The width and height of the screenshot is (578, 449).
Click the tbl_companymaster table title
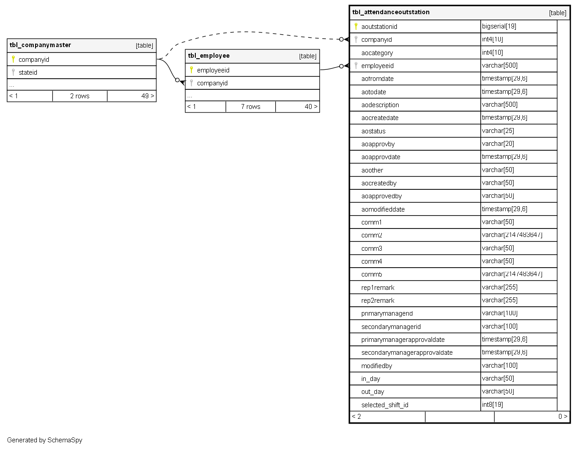[x=40, y=45]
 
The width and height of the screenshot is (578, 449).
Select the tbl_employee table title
[x=209, y=56]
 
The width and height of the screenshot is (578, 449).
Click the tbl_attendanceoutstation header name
[x=391, y=12]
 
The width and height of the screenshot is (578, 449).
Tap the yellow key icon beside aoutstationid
[x=356, y=26]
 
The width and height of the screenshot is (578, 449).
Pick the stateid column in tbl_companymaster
[x=28, y=72]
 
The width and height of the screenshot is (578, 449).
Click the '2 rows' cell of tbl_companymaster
[x=79, y=96]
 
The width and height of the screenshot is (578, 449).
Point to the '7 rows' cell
[x=250, y=107]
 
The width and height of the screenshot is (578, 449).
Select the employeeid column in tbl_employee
[x=213, y=70]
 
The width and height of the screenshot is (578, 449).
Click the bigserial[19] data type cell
[x=499, y=26]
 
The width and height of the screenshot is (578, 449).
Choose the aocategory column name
[x=377, y=53]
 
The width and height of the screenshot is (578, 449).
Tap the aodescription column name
[x=380, y=105]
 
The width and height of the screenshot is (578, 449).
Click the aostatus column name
[x=373, y=131]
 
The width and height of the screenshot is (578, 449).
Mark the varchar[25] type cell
[x=498, y=131]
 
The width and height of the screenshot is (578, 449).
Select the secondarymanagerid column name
[x=391, y=327]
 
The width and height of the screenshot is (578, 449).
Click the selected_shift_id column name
[x=384, y=405]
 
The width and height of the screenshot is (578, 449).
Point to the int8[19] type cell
[x=492, y=405]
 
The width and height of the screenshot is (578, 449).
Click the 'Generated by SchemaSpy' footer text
[x=44, y=440]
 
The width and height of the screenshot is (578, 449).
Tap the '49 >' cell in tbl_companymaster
[x=147, y=96]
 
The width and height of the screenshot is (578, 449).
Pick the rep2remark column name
[x=378, y=301]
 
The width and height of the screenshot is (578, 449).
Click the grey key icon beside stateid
[x=13, y=72]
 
